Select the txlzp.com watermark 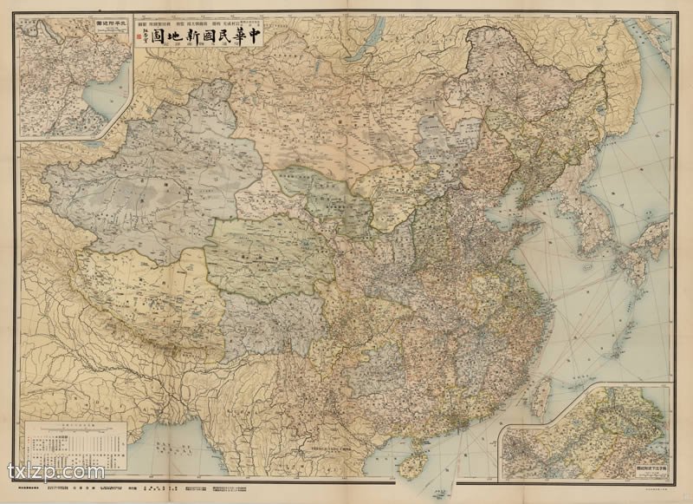coord(56,473)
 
